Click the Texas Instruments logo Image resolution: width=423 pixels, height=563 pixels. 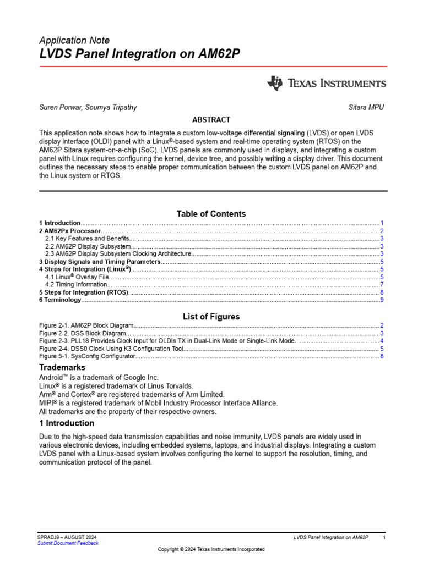point(327,84)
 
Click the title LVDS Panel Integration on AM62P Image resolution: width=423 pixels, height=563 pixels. point(139,54)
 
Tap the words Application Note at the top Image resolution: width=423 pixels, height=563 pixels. point(74,40)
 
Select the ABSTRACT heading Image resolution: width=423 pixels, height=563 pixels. point(211,119)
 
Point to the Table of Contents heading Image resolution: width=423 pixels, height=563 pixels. point(211,213)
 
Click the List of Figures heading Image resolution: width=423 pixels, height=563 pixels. point(211,317)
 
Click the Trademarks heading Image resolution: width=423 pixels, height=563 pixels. point(62,367)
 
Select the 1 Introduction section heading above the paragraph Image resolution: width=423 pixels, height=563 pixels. point(67,423)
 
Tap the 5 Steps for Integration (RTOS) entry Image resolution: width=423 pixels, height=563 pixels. point(84,292)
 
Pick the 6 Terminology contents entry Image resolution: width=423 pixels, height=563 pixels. point(60,300)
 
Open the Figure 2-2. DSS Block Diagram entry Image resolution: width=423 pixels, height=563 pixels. point(83,333)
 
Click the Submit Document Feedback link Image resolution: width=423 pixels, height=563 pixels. point(68,543)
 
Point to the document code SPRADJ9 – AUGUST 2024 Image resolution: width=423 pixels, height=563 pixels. point(68,537)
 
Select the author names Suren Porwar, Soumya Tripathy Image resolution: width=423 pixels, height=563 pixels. point(88,107)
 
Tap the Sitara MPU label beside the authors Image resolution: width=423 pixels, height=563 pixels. point(366,107)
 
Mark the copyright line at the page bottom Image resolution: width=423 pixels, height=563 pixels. point(211,549)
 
